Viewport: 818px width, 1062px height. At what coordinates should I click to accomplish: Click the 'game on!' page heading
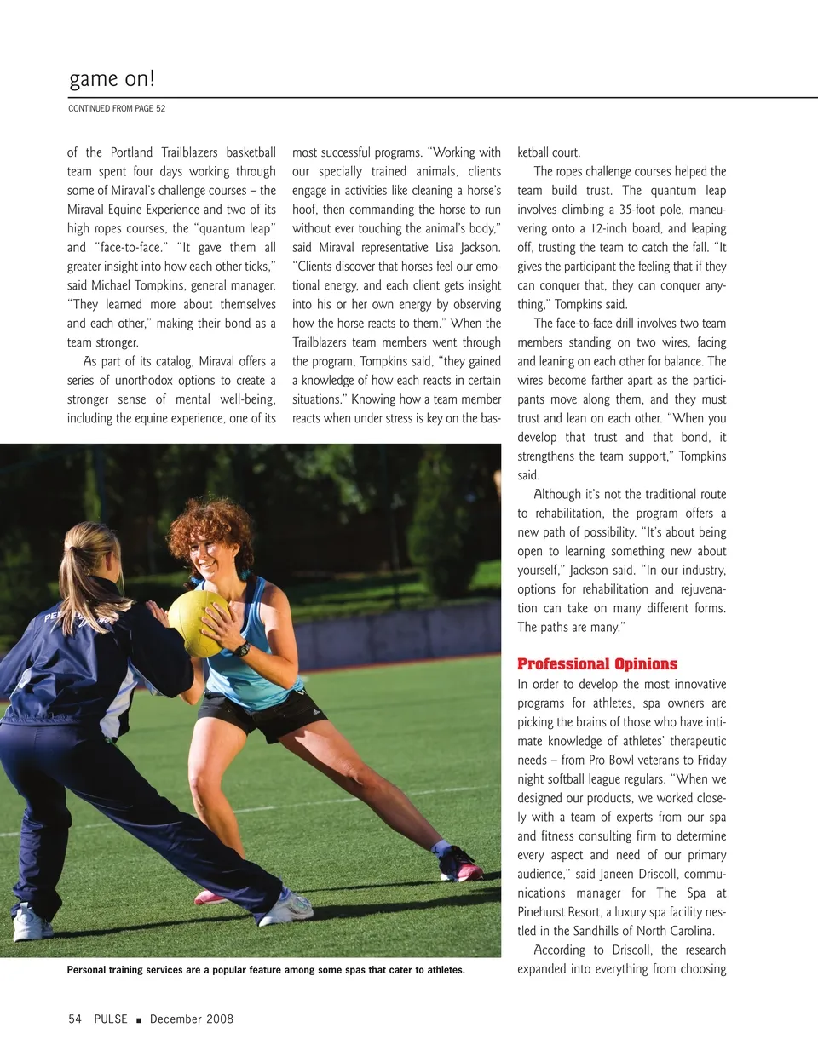[112, 79]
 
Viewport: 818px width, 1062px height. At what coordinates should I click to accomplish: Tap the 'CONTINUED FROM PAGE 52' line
[117, 109]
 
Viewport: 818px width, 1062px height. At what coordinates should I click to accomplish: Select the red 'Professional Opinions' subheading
[596, 664]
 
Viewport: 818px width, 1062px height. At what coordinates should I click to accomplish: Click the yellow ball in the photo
[197, 623]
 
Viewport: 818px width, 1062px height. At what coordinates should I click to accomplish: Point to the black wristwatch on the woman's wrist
[243, 650]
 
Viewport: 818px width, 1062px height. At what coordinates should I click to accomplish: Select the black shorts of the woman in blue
[261, 711]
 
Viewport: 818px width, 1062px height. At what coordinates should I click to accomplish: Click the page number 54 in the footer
[75, 1019]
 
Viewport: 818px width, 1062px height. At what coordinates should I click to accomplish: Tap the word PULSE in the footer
[111, 1019]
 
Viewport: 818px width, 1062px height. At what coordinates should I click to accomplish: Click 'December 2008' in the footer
[191, 1019]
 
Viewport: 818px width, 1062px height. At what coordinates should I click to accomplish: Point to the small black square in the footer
[138, 1019]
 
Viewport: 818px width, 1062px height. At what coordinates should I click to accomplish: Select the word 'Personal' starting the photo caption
[87, 970]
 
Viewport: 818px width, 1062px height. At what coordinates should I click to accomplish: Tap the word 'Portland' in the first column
[131, 152]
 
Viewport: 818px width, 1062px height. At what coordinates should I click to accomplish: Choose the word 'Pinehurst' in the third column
[544, 912]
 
